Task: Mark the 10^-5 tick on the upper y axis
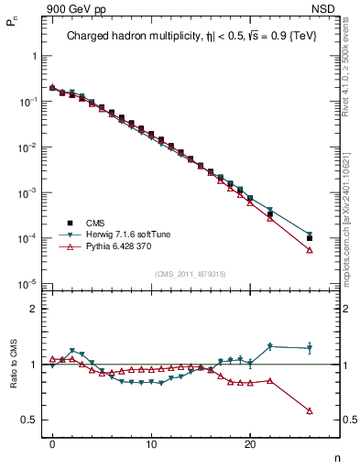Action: tap(27, 284)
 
